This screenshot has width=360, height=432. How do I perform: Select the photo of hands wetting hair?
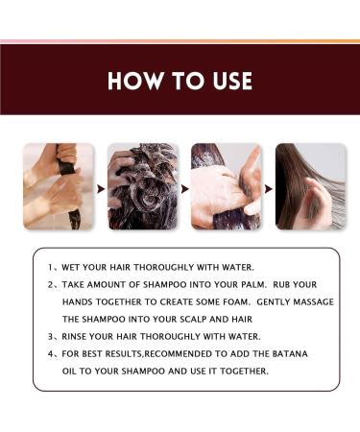(59, 185)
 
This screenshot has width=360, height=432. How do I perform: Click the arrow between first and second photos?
(101, 186)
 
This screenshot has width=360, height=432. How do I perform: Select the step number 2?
(48, 285)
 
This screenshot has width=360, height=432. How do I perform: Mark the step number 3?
(48, 337)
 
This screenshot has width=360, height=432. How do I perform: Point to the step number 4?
(48, 354)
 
